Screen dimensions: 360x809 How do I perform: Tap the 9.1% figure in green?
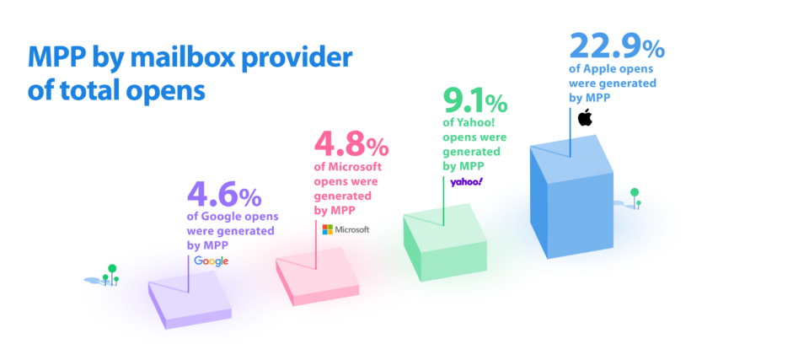click(x=474, y=103)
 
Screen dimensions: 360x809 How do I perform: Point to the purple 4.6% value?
click(x=224, y=196)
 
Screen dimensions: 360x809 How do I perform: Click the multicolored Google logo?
click(x=211, y=261)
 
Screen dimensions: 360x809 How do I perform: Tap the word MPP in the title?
click(x=58, y=58)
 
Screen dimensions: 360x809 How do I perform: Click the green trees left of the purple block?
click(x=110, y=274)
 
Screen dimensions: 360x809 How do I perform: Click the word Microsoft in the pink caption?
click(x=345, y=166)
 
